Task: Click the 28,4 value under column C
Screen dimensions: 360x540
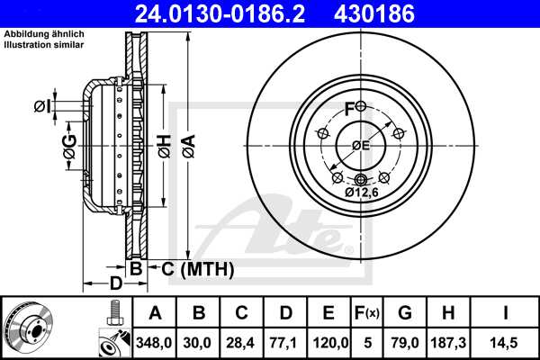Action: [x=242, y=342]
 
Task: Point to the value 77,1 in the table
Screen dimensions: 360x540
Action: [x=285, y=342]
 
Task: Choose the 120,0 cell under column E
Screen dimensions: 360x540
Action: [x=328, y=342]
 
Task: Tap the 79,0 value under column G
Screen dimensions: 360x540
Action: [x=404, y=342]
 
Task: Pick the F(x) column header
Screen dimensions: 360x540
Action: [x=367, y=313]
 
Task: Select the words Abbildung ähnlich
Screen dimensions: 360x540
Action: [x=44, y=34]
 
